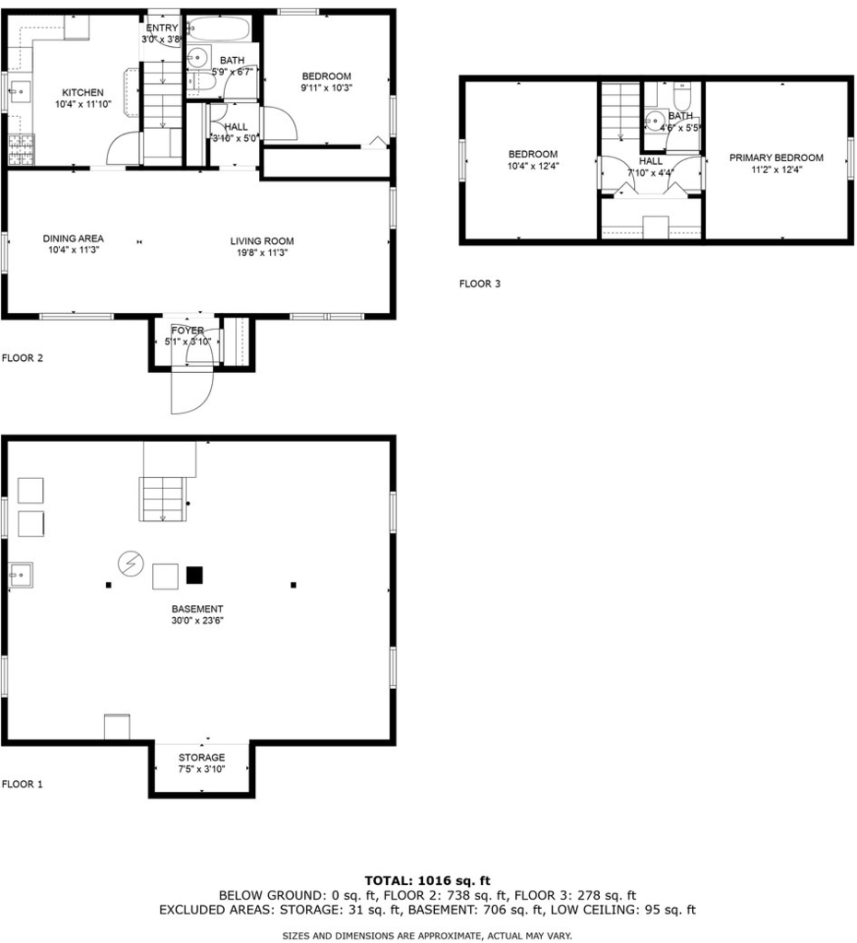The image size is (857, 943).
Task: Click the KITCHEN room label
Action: click(83, 93)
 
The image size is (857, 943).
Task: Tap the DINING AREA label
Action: click(73, 239)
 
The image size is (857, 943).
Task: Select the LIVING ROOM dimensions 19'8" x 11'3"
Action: click(262, 252)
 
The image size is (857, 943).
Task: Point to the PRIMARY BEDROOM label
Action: click(776, 158)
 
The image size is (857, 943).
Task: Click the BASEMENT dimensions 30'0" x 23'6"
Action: click(197, 621)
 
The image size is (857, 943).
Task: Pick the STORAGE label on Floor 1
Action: click(202, 758)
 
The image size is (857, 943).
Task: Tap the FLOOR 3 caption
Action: click(480, 284)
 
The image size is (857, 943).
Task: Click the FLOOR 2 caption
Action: click(22, 358)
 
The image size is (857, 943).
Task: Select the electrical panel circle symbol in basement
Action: click(131, 564)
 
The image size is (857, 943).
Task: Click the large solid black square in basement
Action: click(194, 576)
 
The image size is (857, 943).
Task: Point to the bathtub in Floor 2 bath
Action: click(217, 29)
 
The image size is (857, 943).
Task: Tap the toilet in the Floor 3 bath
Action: click(682, 96)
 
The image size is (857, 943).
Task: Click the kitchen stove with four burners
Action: click(22, 150)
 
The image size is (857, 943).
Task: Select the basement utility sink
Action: click(20, 575)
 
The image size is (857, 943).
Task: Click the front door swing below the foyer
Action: click(192, 390)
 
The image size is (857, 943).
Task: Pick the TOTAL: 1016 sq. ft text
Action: click(428, 881)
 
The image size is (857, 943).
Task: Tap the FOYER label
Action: click(188, 331)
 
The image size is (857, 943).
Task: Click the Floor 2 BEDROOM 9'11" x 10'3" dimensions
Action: click(327, 87)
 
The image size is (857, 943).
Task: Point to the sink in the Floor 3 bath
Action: click(655, 121)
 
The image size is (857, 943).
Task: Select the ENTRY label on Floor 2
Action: click(162, 29)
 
